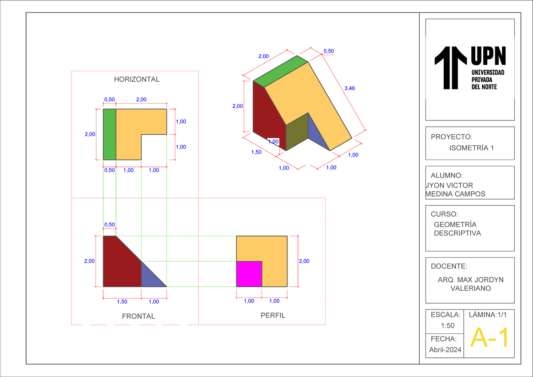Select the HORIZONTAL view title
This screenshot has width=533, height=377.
(136, 80)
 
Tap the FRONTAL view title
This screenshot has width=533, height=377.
(139, 317)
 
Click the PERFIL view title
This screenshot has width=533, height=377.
(273, 316)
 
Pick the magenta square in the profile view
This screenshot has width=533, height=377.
(249, 274)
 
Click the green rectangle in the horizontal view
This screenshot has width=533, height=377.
(109, 134)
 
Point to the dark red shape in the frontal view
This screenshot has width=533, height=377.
(119, 264)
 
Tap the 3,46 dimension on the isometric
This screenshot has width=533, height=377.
(350, 88)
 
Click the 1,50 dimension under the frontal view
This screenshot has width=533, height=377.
(122, 302)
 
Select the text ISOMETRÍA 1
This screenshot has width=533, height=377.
(471, 148)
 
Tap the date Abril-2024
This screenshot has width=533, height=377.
(445, 350)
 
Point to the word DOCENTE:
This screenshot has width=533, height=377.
(449, 267)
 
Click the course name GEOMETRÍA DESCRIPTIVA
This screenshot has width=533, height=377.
(457, 229)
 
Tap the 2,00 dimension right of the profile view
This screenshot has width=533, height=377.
(304, 261)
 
